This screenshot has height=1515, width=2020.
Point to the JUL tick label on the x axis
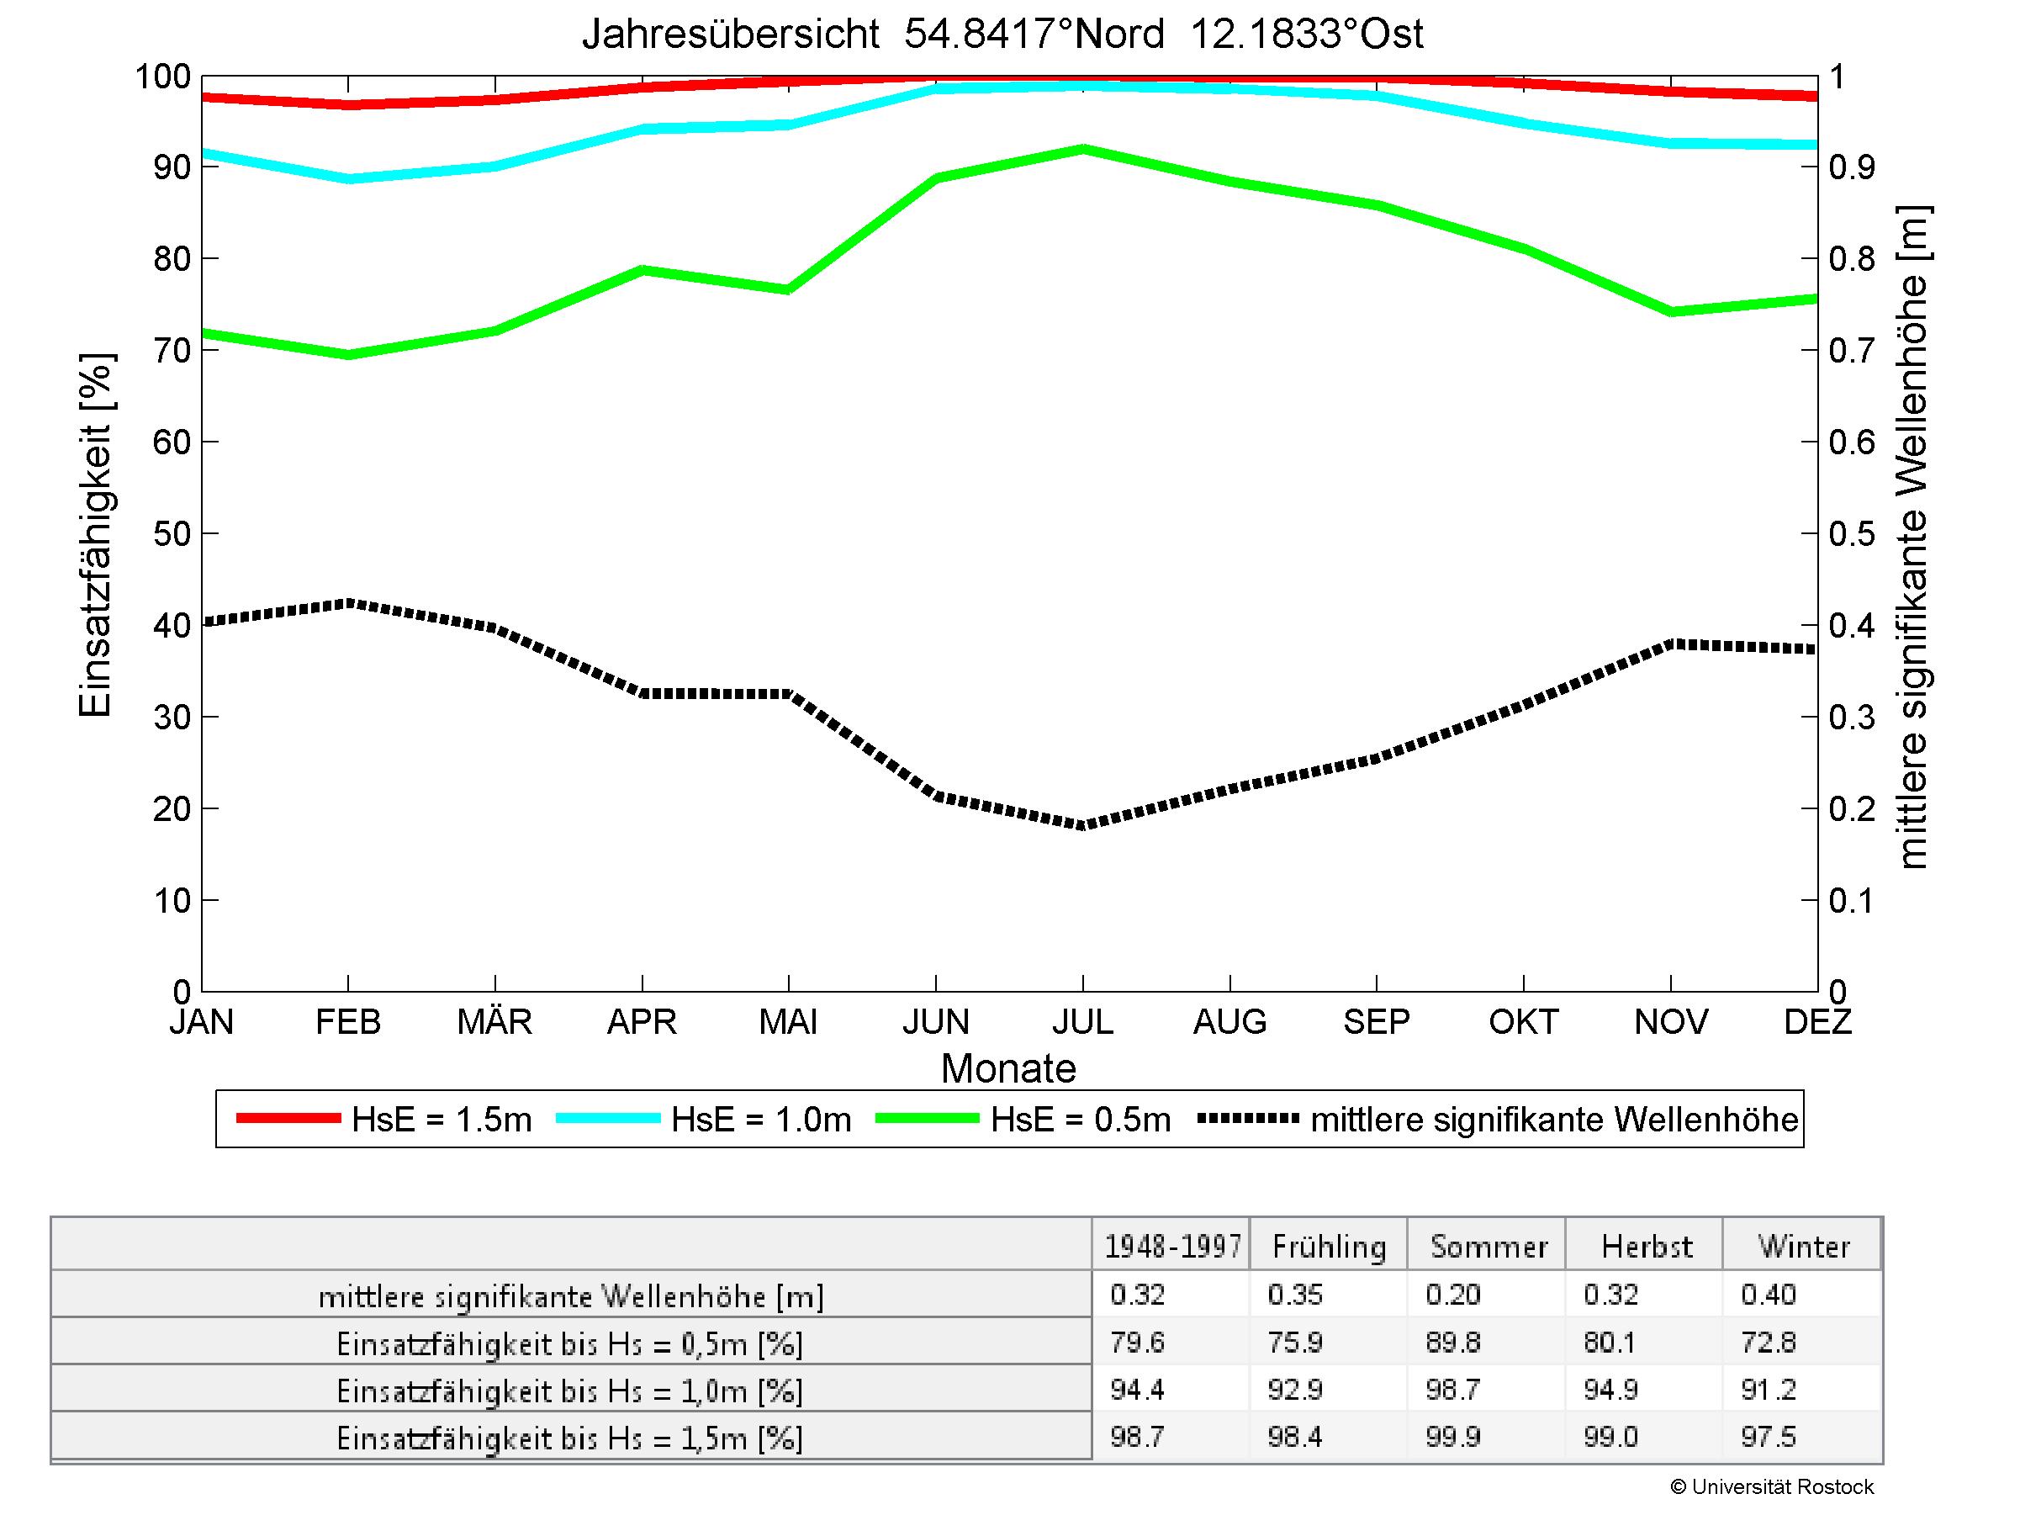(1083, 1021)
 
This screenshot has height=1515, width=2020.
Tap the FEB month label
(348, 1021)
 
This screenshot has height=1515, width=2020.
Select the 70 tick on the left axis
(172, 351)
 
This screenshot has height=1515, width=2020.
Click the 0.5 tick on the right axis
(1851, 534)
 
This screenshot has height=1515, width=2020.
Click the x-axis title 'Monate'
(1008, 1068)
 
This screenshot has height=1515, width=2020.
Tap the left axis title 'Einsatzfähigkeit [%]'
(95, 535)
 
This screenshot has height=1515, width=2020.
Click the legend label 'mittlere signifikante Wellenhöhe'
(1553, 1120)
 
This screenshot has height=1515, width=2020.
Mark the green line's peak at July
(1083, 149)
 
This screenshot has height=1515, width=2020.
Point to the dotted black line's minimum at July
(1083, 824)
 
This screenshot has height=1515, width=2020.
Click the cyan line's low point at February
(348, 179)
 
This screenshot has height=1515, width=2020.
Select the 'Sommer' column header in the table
(1489, 1247)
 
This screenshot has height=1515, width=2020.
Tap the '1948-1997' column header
(1172, 1247)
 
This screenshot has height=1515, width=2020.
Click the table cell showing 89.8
(1452, 1343)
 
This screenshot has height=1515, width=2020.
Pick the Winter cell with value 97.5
(1768, 1438)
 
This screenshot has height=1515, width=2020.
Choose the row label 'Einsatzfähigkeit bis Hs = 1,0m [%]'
(570, 1391)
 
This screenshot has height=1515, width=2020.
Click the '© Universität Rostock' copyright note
(1772, 1487)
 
